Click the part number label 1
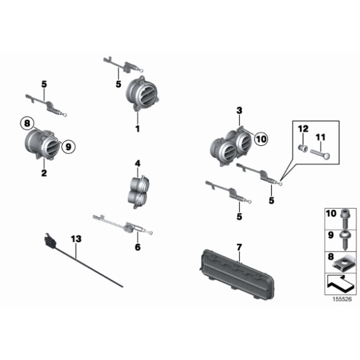coord(138,128)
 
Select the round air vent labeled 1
coord(142,94)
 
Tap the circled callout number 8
coord(27,124)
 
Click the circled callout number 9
coord(68,146)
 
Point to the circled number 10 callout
coord(261,139)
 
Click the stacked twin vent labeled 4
coord(138,192)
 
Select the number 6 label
coord(138,247)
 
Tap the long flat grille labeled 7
coord(236,274)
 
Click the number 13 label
coord(76,239)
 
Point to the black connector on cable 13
coord(50,241)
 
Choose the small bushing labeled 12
coord(303,148)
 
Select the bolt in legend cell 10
coord(345,218)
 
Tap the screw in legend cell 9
coord(345,240)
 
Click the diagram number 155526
coord(342,299)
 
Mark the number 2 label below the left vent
coord(44,173)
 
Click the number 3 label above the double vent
coord(239,110)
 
